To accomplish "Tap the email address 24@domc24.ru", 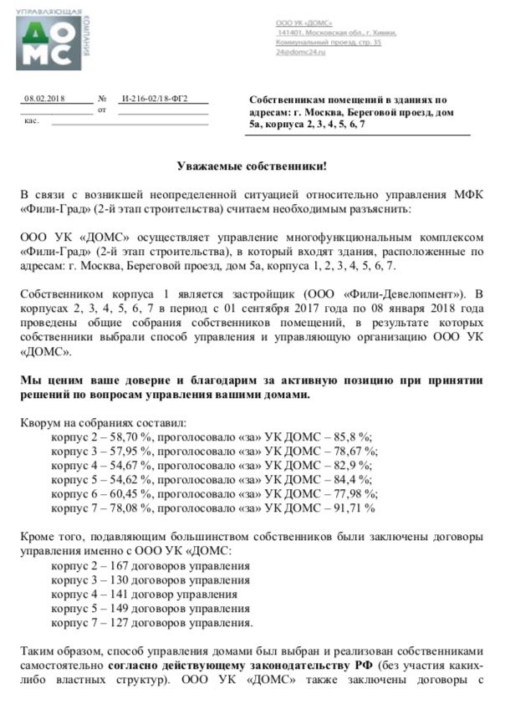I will pos(301,52).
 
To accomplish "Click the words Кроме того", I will pos(50,538).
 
